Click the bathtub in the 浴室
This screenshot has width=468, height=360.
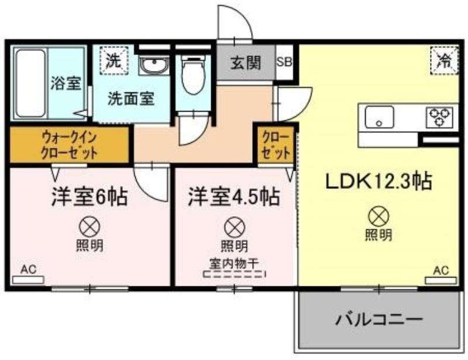point(31,83)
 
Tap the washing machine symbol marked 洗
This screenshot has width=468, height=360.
point(114,61)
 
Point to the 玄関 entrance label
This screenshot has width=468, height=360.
point(246,63)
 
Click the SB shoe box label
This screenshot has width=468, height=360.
point(284,62)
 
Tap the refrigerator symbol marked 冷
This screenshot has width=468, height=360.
point(444,61)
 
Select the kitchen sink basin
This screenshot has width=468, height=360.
point(379,117)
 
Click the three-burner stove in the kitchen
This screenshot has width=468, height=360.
point(439,117)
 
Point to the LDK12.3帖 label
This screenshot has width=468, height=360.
point(378,182)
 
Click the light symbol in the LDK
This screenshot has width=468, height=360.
point(378,216)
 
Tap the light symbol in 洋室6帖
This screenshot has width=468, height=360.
point(90,227)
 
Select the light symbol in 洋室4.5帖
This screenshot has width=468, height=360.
point(235,227)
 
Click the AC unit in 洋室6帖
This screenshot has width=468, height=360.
point(28,280)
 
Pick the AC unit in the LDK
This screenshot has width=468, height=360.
point(441,281)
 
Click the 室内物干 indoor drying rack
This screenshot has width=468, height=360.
point(235,274)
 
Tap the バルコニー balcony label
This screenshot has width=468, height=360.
point(379,320)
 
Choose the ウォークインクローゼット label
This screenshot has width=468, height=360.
point(70,145)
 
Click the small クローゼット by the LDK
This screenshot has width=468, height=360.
point(276,146)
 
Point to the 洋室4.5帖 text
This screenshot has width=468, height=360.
point(234,197)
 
